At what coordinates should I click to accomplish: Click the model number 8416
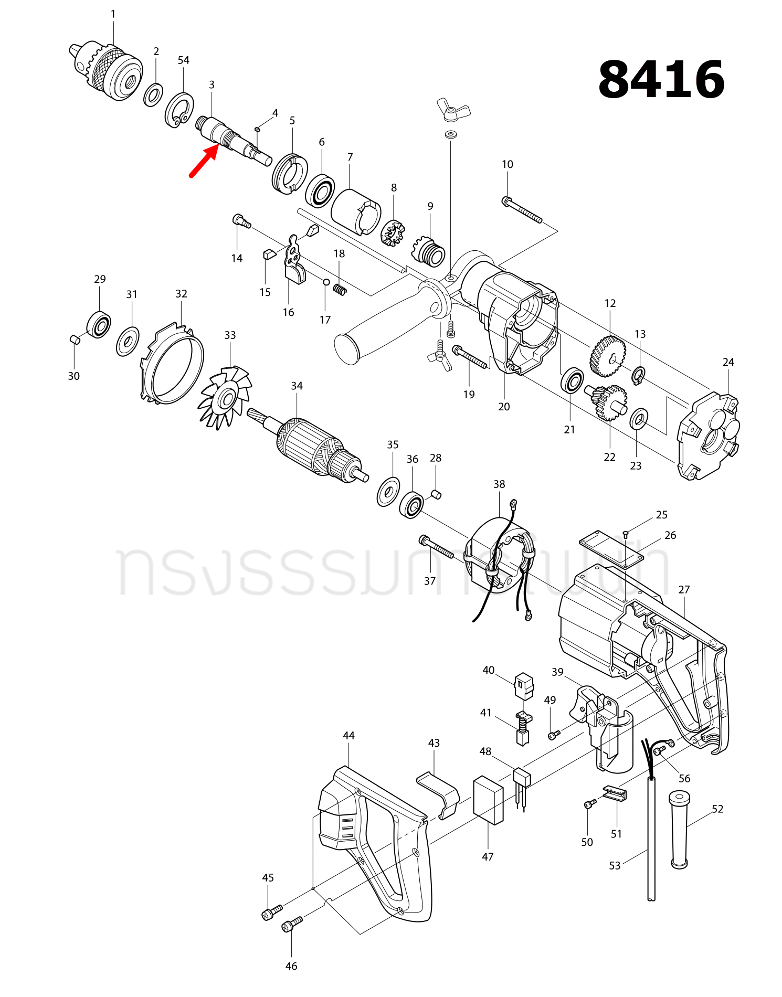[661, 79]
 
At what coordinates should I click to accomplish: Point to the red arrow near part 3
[204, 162]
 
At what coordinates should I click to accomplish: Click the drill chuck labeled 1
[108, 71]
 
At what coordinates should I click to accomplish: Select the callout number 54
[183, 60]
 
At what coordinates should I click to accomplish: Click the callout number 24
[728, 362]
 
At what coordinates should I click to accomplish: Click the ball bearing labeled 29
[99, 325]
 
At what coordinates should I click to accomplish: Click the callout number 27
[684, 590]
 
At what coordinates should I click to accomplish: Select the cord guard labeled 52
[680, 834]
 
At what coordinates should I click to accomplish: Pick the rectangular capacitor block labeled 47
[488, 800]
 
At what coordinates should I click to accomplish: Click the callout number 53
[615, 866]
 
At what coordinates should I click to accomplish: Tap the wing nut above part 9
[453, 109]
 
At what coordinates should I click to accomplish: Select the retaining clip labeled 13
[638, 375]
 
